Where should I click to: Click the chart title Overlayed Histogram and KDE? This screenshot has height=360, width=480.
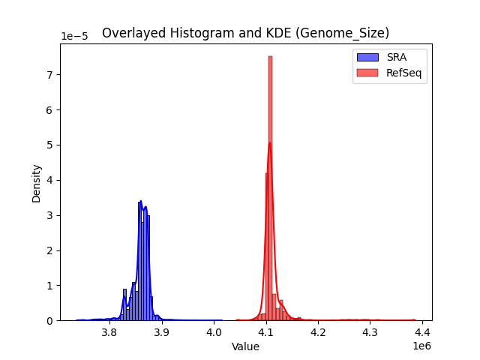pos(245,33)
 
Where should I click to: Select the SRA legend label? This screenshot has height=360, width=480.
pos(397,57)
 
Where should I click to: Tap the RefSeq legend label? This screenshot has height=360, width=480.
pos(403,72)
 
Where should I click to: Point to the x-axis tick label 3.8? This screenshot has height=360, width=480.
pos(110,331)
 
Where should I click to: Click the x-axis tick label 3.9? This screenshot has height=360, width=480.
pos(162,331)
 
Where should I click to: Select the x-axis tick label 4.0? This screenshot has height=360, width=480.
pos(214,331)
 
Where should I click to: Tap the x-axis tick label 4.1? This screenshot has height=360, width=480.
pos(266,331)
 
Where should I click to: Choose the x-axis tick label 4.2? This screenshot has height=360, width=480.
pos(318,331)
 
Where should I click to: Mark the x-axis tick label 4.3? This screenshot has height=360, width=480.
pos(370,331)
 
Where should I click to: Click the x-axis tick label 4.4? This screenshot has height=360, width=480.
pos(421,331)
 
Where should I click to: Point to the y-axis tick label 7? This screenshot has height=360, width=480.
pos(50,75)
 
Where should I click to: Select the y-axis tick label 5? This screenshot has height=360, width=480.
pos(50,145)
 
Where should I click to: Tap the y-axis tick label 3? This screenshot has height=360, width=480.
pos(50,215)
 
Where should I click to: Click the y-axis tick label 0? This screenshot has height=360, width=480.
pos(50,320)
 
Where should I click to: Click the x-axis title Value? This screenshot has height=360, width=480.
pos(245,346)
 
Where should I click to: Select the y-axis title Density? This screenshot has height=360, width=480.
pos(36,183)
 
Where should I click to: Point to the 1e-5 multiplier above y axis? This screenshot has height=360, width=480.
pos(74,36)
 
